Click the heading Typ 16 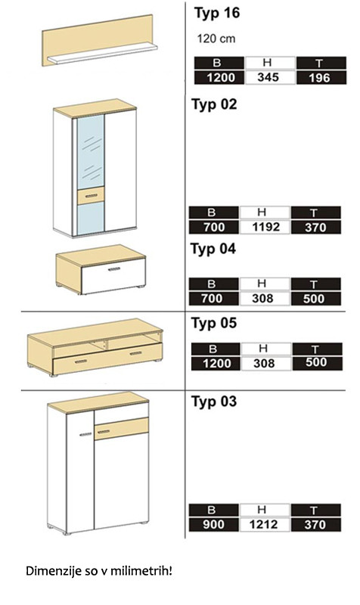coord(217,13)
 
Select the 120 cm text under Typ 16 coord(216,39)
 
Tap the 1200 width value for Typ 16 coord(219,78)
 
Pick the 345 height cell coord(268,77)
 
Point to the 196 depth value coord(321,78)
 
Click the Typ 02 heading coord(214,104)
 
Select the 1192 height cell coord(265,228)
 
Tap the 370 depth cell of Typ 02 coord(316,228)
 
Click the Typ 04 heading coord(213,250)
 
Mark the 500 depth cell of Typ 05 coord(317,363)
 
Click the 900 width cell coord(213,524)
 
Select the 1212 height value coord(264,524)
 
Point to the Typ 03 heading coord(214,402)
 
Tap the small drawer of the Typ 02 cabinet coord(91,196)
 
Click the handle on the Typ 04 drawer coord(114,269)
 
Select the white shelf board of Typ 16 coord(103,53)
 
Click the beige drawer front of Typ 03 coord(122,428)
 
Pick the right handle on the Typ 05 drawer coord(136,353)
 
